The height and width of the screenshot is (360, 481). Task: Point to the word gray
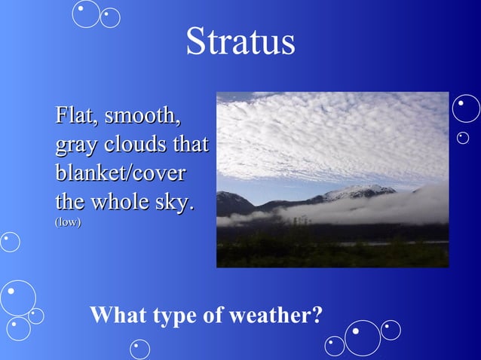point(76,145)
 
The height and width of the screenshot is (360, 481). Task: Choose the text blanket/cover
point(120,172)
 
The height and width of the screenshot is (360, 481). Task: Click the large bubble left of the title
point(87,13)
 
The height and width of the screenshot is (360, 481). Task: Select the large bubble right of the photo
point(466,108)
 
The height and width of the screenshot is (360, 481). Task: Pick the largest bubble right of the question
point(363,337)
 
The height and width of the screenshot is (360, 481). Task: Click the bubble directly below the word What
point(139,349)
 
